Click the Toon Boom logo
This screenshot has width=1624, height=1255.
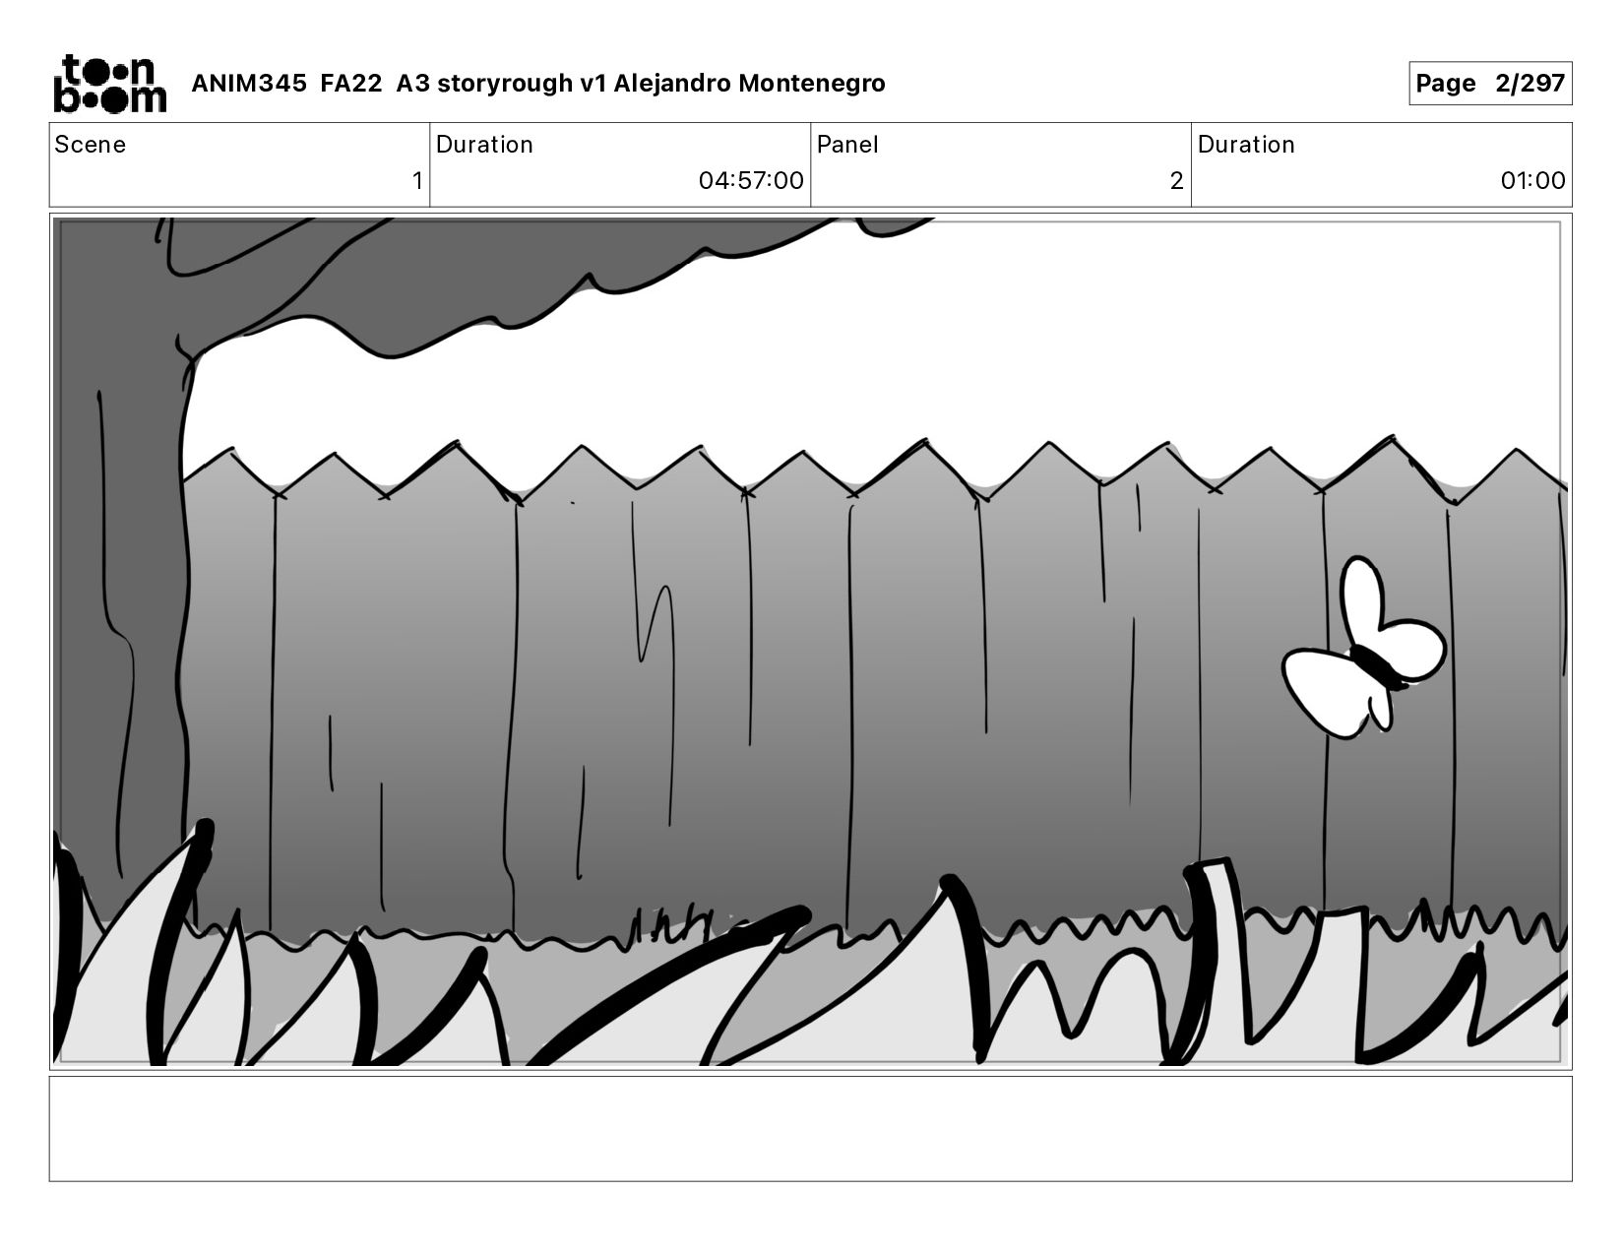[x=110, y=84]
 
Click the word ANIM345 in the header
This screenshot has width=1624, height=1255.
[x=249, y=83]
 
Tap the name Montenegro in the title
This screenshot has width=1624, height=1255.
[x=812, y=83]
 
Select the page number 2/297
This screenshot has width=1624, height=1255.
[x=1530, y=83]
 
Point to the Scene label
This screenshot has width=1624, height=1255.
[x=91, y=145]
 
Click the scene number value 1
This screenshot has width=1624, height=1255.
[x=417, y=180]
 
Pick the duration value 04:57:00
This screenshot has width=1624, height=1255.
[x=751, y=180]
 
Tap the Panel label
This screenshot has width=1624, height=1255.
[x=847, y=145]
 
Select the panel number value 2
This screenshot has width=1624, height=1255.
[x=1176, y=180]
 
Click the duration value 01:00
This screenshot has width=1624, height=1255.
[x=1532, y=180]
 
